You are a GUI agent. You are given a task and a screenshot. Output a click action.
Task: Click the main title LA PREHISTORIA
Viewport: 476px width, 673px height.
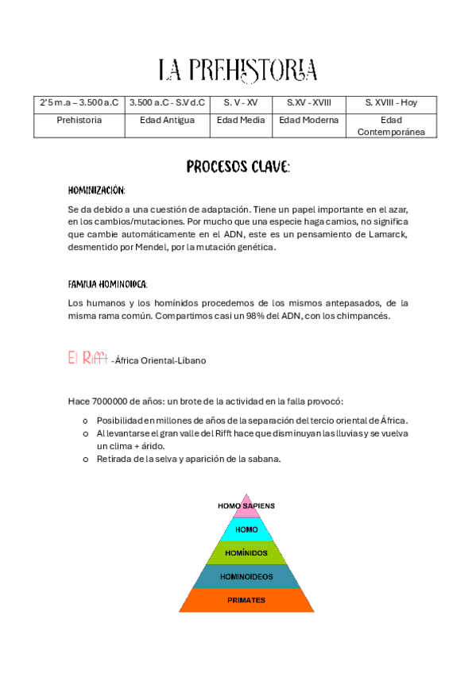(x=238, y=70)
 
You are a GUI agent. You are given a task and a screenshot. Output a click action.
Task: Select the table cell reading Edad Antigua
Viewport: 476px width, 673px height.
(x=167, y=121)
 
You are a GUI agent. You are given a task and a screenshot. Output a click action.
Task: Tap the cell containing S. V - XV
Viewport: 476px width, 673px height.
(x=241, y=102)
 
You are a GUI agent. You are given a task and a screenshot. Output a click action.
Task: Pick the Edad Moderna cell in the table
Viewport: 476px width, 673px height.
(x=309, y=121)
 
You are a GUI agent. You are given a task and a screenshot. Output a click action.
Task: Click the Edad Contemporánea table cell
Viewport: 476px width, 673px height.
(x=391, y=125)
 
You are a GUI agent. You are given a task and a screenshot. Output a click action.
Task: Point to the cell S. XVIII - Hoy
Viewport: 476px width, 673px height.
(x=391, y=102)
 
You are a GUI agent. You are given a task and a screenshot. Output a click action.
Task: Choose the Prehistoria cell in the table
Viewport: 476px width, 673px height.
(x=79, y=121)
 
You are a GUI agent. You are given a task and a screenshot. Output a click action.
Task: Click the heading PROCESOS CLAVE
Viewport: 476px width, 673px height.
(x=238, y=167)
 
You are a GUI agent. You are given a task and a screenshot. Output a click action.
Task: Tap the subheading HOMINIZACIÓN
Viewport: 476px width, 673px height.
(x=97, y=191)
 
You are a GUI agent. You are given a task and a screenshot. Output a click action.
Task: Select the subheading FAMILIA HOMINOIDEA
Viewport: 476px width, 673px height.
(x=108, y=284)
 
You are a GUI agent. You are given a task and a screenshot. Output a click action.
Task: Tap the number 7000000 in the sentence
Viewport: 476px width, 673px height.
(x=112, y=401)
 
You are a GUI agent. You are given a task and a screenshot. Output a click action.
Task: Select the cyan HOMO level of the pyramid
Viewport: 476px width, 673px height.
(x=246, y=529)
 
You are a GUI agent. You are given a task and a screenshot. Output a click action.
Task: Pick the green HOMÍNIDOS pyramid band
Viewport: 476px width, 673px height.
(x=246, y=552)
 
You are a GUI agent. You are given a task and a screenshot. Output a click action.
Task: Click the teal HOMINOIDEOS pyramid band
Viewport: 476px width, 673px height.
(x=246, y=576)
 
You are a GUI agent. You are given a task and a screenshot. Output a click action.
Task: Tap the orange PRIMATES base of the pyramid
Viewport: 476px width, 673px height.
(x=246, y=600)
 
